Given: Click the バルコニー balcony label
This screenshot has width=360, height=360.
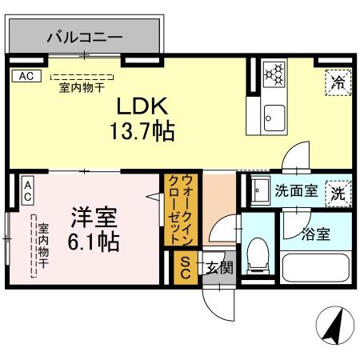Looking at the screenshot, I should pyautogui.click(x=83, y=37).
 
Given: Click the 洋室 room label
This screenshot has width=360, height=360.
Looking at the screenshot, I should pyautogui.click(x=93, y=216).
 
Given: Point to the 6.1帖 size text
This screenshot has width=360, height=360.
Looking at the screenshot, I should pyautogui.click(x=93, y=241).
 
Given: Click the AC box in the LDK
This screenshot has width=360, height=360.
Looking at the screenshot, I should pyautogui.click(x=24, y=77).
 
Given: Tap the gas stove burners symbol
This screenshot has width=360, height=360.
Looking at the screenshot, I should pyautogui.click(x=275, y=74).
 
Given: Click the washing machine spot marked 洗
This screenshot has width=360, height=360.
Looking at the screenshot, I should pyautogui.click(x=338, y=193).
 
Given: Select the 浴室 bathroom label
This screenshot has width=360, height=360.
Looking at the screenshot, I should pyautogui.click(x=315, y=234).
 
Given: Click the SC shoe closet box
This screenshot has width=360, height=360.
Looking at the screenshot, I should pyautogui.click(x=184, y=267).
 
